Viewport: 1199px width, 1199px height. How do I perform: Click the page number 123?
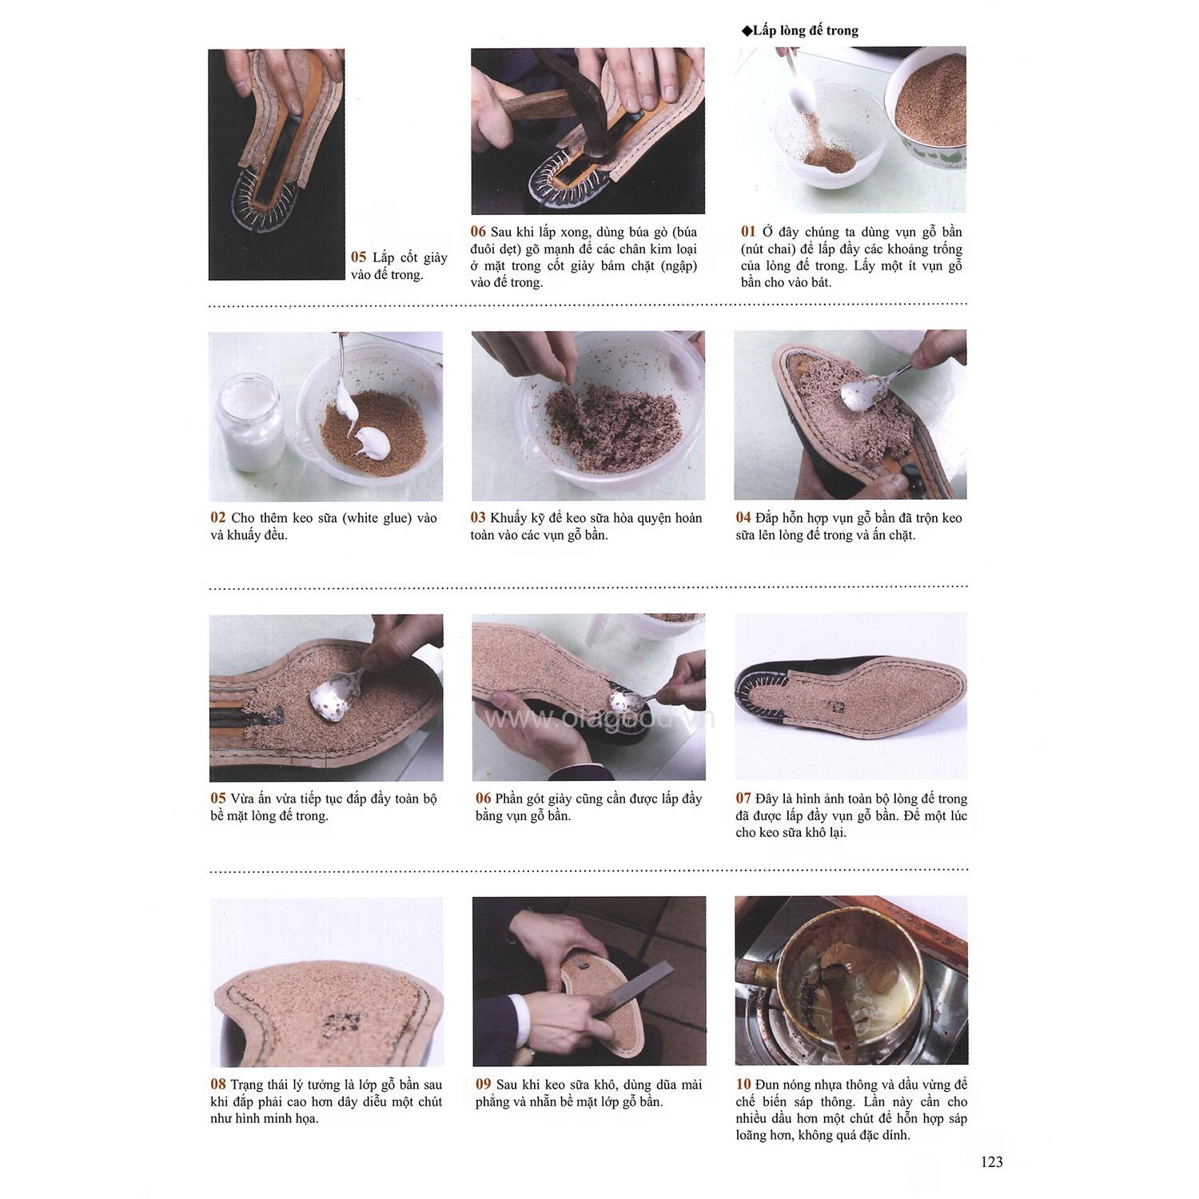(x=991, y=1162)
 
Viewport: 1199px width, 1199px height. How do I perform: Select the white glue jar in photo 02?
(x=249, y=423)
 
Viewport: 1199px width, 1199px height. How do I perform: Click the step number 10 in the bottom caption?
(x=743, y=1084)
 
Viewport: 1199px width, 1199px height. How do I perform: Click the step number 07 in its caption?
(x=743, y=798)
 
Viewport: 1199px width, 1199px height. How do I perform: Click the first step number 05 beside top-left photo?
(x=358, y=257)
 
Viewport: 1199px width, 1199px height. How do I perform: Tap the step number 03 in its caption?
(x=478, y=518)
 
